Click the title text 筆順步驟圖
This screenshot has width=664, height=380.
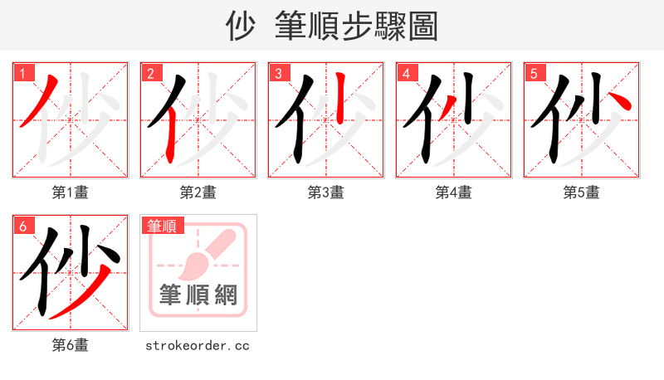point(357,27)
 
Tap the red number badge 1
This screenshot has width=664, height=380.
point(22,73)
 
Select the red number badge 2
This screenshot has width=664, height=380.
point(150,73)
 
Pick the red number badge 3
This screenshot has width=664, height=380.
point(278,73)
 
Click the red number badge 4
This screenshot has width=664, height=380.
point(406,73)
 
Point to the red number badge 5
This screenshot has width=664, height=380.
point(534,73)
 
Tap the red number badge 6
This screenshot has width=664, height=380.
point(22,226)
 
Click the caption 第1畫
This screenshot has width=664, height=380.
point(71,192)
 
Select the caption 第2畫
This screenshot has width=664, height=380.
point(198,192)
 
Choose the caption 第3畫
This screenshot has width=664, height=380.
point(326,192)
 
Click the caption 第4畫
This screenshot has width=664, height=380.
point(454,192)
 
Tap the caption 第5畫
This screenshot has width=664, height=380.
point(582,192)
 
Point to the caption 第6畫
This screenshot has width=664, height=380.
point(71,345)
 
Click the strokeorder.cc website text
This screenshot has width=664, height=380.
point(198,345)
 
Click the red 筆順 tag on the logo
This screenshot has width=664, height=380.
point(163,226)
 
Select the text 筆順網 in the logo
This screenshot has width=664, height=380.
point(198,295)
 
